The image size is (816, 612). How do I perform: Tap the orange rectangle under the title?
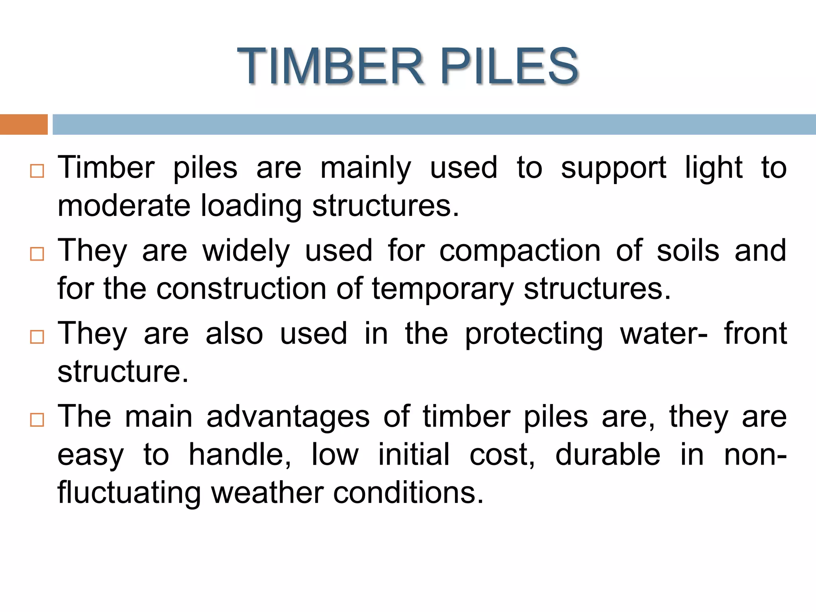coord(24,124)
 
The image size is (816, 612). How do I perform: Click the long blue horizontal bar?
coord(434,124)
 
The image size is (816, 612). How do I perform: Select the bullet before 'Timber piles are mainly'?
coord(37,171)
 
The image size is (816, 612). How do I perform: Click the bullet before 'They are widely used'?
coord(37,254)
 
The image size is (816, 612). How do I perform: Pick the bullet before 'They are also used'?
coord(37,337)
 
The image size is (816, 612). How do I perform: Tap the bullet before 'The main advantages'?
coord(37,420)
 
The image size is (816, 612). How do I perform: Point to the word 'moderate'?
coord(124,206)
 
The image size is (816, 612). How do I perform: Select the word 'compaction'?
coord(520,251)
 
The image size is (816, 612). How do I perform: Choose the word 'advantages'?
coord(288,418)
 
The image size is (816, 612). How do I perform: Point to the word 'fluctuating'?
coord(129,493)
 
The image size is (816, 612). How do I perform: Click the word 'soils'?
coord(688,251)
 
